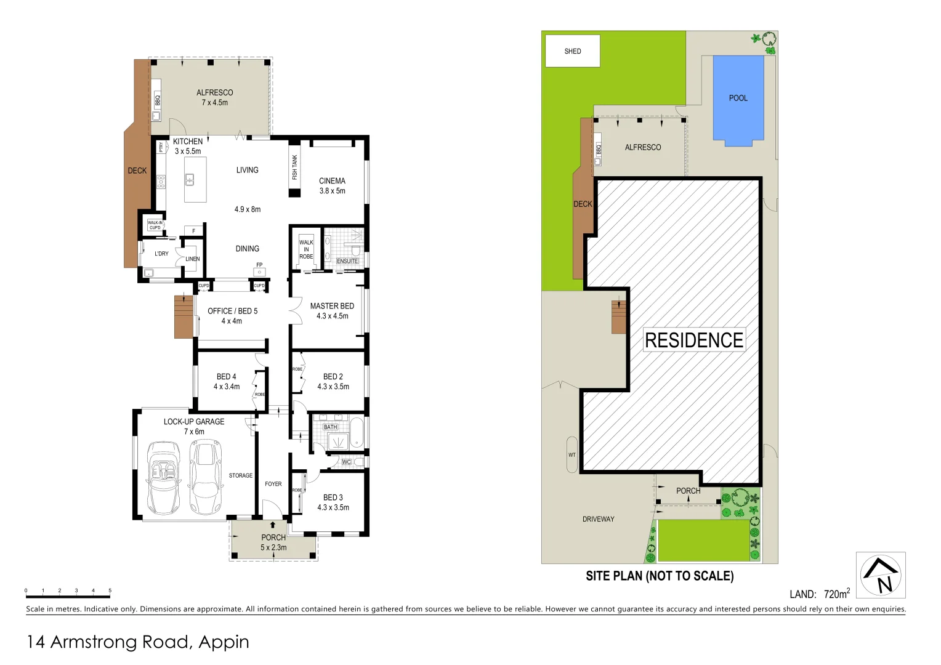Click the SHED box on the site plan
(x=572, y=51)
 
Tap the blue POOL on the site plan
(x=738, y=99)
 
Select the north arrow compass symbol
(x=881, y=575)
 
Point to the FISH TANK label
(x=294, y=167)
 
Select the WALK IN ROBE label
(x=306, y=249)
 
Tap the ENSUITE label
(x=347, y=261)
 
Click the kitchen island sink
(x=190, y=180)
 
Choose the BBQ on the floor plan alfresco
(x=157, y=100)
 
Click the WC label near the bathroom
(x=346, y=462)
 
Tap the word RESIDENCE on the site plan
(x=694, y=340)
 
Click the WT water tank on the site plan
(x=572, y=455)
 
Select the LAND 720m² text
(x=820, y=594)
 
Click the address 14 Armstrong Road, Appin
(x=138, y=642)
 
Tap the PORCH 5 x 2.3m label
(x=273, y=542)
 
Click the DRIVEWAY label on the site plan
(x=598, y=519)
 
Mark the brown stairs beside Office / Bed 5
(x=184, y=316)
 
